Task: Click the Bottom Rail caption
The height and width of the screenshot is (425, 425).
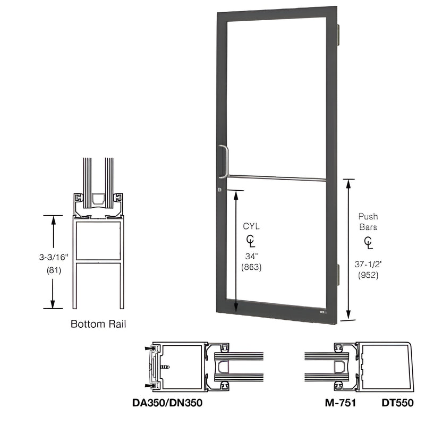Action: click(x=98, y=324)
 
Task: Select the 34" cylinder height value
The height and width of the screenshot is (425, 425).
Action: click(x=250, y=257)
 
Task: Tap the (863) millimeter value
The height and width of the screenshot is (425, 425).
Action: click(x=250, y=268)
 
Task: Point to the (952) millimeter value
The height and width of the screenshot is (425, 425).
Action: click(x=368, y=275)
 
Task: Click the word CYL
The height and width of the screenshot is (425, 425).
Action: click(x=250, y=226)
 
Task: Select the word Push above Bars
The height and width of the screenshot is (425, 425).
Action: click(x=368, y=217)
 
